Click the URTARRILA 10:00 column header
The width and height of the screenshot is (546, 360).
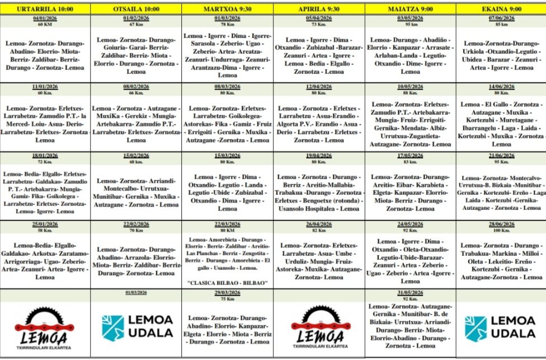pyautogui.click(x=45, y=9)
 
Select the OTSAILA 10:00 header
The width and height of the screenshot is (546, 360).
pyautogui.click(x=136, y=9)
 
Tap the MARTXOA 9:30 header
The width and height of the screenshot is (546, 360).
pyautogui.click(x=227, y=9)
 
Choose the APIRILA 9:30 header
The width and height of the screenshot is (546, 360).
pyautogui.click(x=319, y=9)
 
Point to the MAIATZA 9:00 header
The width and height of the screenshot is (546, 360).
pyautogui.click(x=410, y=9)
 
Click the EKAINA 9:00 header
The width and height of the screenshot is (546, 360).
pyautogui.click(x=501, y=9)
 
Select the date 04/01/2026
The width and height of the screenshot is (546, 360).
pyautogui.click(x=45, y=18)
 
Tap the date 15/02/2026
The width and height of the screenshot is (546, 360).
pyautogui.click(x=136, y=156)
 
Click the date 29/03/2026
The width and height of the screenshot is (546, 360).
pyautogui.click(x=227, y=293)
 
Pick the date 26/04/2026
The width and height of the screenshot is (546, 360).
pyautogui.click(x=319, y=225)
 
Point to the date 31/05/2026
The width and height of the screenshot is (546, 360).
pyautogui.click(x=410, y=293)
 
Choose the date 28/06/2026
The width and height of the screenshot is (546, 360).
pyautogui.click(x=501, y=225)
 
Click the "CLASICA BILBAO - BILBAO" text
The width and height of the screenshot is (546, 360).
pyautogui.click(x=227, y=282)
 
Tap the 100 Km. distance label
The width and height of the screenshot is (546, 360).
pyautogui.click(x=501, y=230)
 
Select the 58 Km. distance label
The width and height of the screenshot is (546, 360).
pyautogui.click(x=45, y=230)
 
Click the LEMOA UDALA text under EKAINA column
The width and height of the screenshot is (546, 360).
pyautogui.click(x=512, y=327)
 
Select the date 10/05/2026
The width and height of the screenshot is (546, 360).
pyautogui.click(x=410, y=87)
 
